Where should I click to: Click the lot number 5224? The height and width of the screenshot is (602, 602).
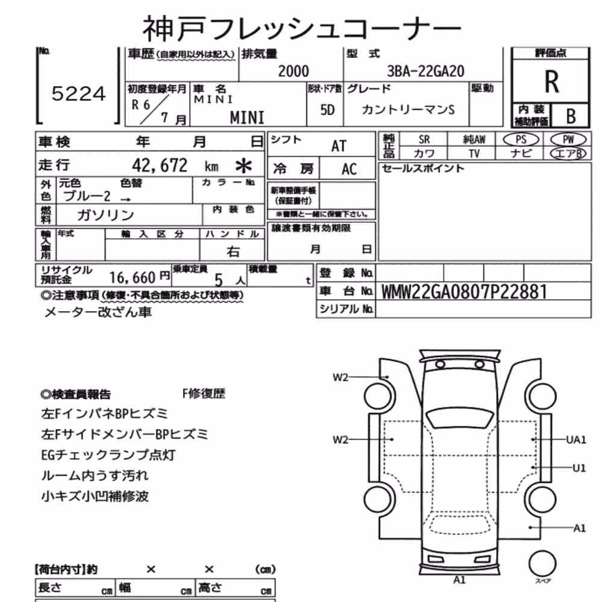[x=78, y=94]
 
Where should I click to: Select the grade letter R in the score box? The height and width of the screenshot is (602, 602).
[x=551, y=81]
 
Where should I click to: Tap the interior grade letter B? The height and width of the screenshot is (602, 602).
[x=571, y=116]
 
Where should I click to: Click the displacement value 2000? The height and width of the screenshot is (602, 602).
[x=293, y=71]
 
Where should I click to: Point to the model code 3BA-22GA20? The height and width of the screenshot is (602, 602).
[x=426, y=71]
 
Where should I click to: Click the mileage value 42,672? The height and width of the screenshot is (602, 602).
[x=160, y=166]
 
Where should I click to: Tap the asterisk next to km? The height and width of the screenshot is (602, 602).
[x=243, y=166]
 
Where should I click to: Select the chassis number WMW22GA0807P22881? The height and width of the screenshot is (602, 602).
[x=464, y=292]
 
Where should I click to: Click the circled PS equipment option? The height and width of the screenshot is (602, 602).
[x=521, y=140]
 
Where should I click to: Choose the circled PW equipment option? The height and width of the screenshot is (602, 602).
[x=568, y=140]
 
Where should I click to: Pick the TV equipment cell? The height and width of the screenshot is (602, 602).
[x=474, y=154]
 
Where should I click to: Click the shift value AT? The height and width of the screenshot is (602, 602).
[x=338, y=146]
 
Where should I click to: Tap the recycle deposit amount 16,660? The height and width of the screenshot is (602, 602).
[x=132, y=277]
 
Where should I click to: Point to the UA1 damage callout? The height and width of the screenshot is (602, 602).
[x=576, y=439]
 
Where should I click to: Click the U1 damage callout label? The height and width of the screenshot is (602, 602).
[x=579, y=468]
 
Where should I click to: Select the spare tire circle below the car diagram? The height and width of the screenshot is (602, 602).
[x=542, y=564]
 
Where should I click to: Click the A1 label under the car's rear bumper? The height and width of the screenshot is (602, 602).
[x=459, y=580]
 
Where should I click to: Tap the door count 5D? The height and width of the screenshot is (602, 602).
[x=327, y=110]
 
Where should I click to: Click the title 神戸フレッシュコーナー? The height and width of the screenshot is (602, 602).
[x=302, y=29]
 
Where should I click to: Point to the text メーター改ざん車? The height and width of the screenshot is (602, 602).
[x=98, y=312]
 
